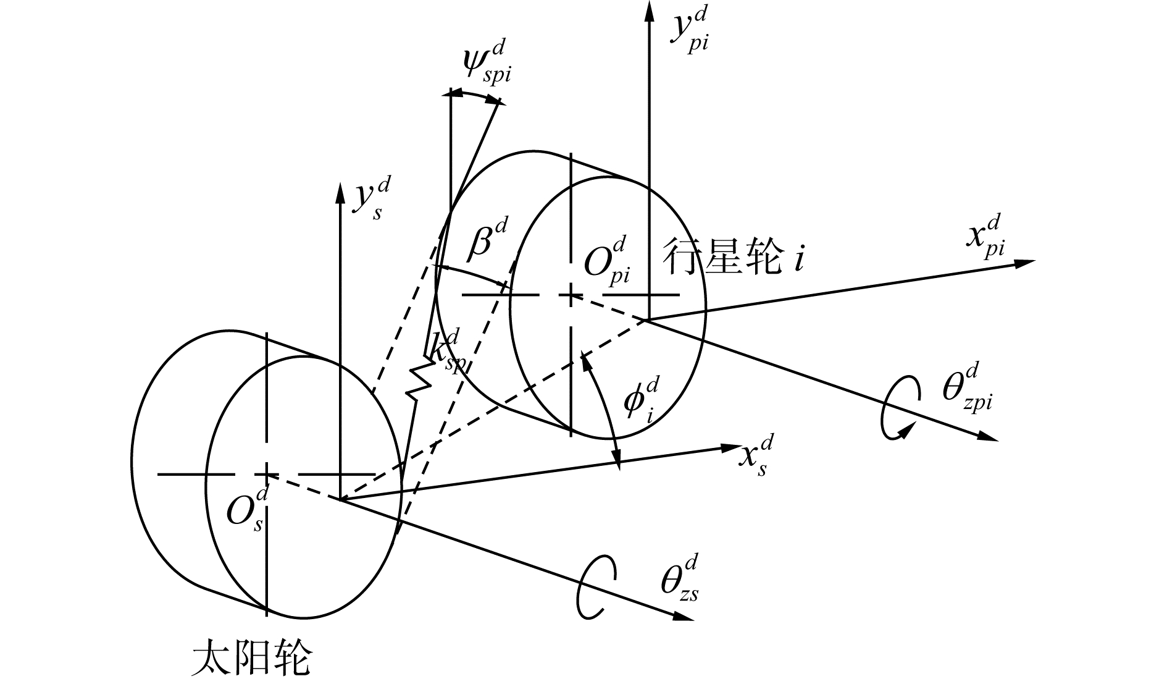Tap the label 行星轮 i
pos(734,256)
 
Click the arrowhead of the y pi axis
pos(648,9)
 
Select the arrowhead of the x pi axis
pos(1025,263)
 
